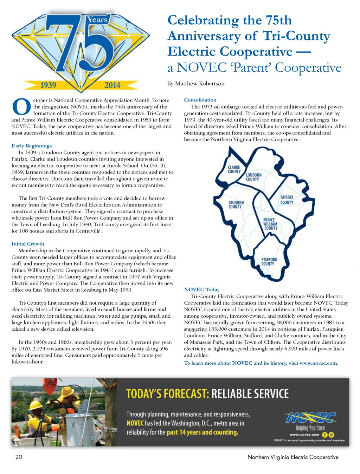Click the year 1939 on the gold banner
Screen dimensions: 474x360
click(x=48, y=85)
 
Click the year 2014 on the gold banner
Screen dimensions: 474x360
click(x=112, y=85)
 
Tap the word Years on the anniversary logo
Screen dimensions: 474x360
click(x=97, y=20)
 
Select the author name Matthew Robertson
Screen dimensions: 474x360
click(x=200, y=84)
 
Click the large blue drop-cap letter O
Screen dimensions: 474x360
click(x=21, y=106)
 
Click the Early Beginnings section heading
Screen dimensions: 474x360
click(x=32, y=146)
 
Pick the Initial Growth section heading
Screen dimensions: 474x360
click(x=28, y=244)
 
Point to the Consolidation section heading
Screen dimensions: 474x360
click(x=200, y=100)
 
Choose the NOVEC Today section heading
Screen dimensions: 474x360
click(x=202, y=290)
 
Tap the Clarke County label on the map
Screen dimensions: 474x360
click(x=234, y=169)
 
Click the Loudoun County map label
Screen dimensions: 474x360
click(x=253, y=177)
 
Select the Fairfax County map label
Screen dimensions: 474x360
click(x=287, y=200)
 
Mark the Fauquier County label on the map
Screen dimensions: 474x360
click(x=236, y=204)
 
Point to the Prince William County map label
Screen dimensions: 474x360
click(x=270, y=224)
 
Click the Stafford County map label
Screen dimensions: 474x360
click(x=269, y=262)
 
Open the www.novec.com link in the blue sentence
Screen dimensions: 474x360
click(x=319, y=363)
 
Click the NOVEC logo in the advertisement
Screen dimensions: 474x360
click(x=311, y=418)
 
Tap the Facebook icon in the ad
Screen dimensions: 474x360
click(x=324, y=435)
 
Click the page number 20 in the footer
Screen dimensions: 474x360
click(x=19, y=457)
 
